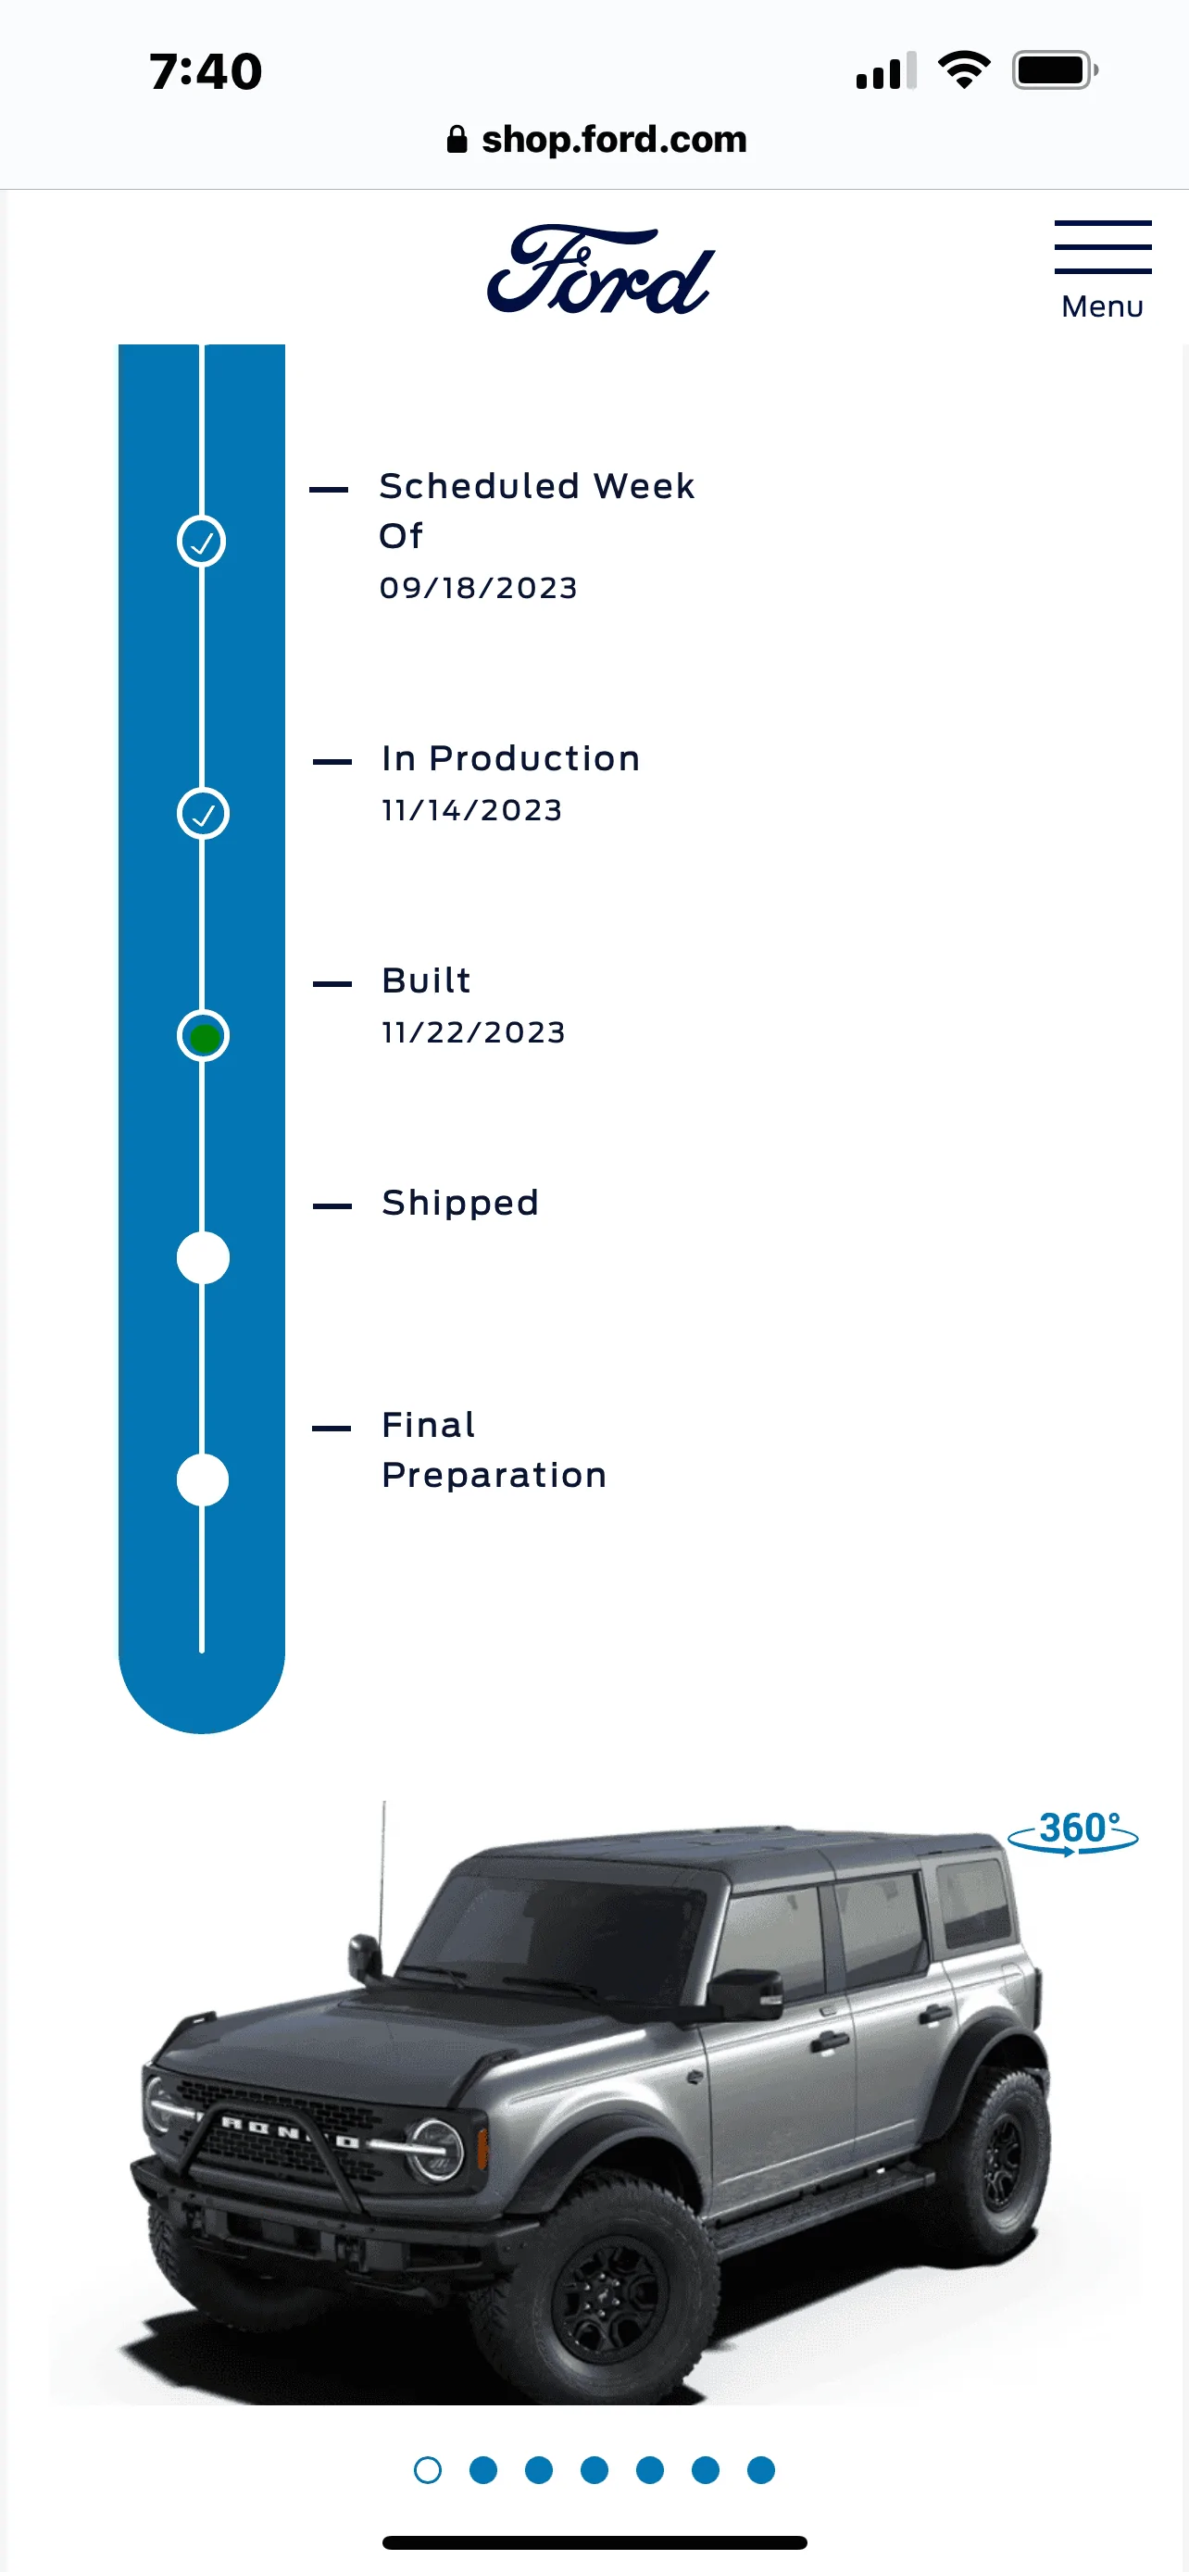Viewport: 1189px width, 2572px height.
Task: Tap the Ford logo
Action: click(x=600, y=269)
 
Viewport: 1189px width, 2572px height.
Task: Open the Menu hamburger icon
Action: click(x=1102, y=246)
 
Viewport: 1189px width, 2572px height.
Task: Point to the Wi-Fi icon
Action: click(x=963, y=69)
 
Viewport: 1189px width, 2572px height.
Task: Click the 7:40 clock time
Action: click(x=206, y=72)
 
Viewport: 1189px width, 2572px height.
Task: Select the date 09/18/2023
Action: click(x=478, y=587)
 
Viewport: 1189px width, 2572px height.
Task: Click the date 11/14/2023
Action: click(x=472, y=810)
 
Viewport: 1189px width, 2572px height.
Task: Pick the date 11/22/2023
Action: click(x=473, y=1031)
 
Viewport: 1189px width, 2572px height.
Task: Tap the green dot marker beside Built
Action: click(x=204, y=1037)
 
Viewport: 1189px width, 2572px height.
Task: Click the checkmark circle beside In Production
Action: click(x=203, y=814)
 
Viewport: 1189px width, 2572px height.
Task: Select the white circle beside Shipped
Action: click(x=203, y=1258)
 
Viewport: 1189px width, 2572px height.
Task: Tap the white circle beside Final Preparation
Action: click(x=203, y=1480)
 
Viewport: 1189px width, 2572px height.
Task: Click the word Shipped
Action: click(x=460, y=1202)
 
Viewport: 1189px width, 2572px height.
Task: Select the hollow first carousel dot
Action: click(x=427, y=2469)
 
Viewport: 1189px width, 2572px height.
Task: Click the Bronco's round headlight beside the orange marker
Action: click(x=436, y=2148)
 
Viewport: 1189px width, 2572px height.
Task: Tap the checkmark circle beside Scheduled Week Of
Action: click(x=202, y=542)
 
